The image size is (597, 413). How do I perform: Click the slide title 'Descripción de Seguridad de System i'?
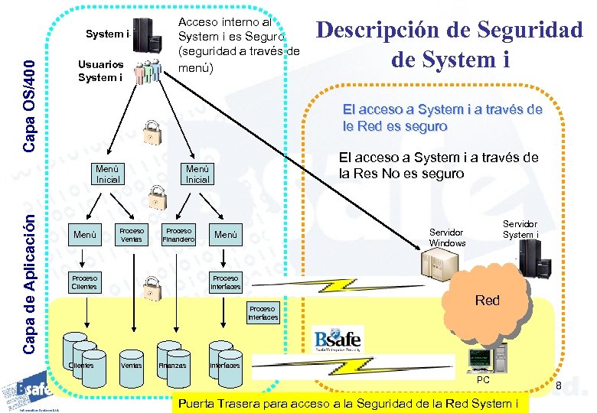click(449, 44)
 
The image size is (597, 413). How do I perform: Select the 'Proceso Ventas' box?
click(132, 235)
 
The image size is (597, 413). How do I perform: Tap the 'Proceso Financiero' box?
click(179, 235)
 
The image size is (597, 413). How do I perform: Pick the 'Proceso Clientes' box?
click(84, 281)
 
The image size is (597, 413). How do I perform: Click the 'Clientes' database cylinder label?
click(81, 365)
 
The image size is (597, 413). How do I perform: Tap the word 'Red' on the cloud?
click(487, 301)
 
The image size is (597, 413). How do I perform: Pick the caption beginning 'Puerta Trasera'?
click(353, 403)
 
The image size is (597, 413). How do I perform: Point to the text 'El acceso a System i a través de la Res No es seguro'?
click(438, 165)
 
